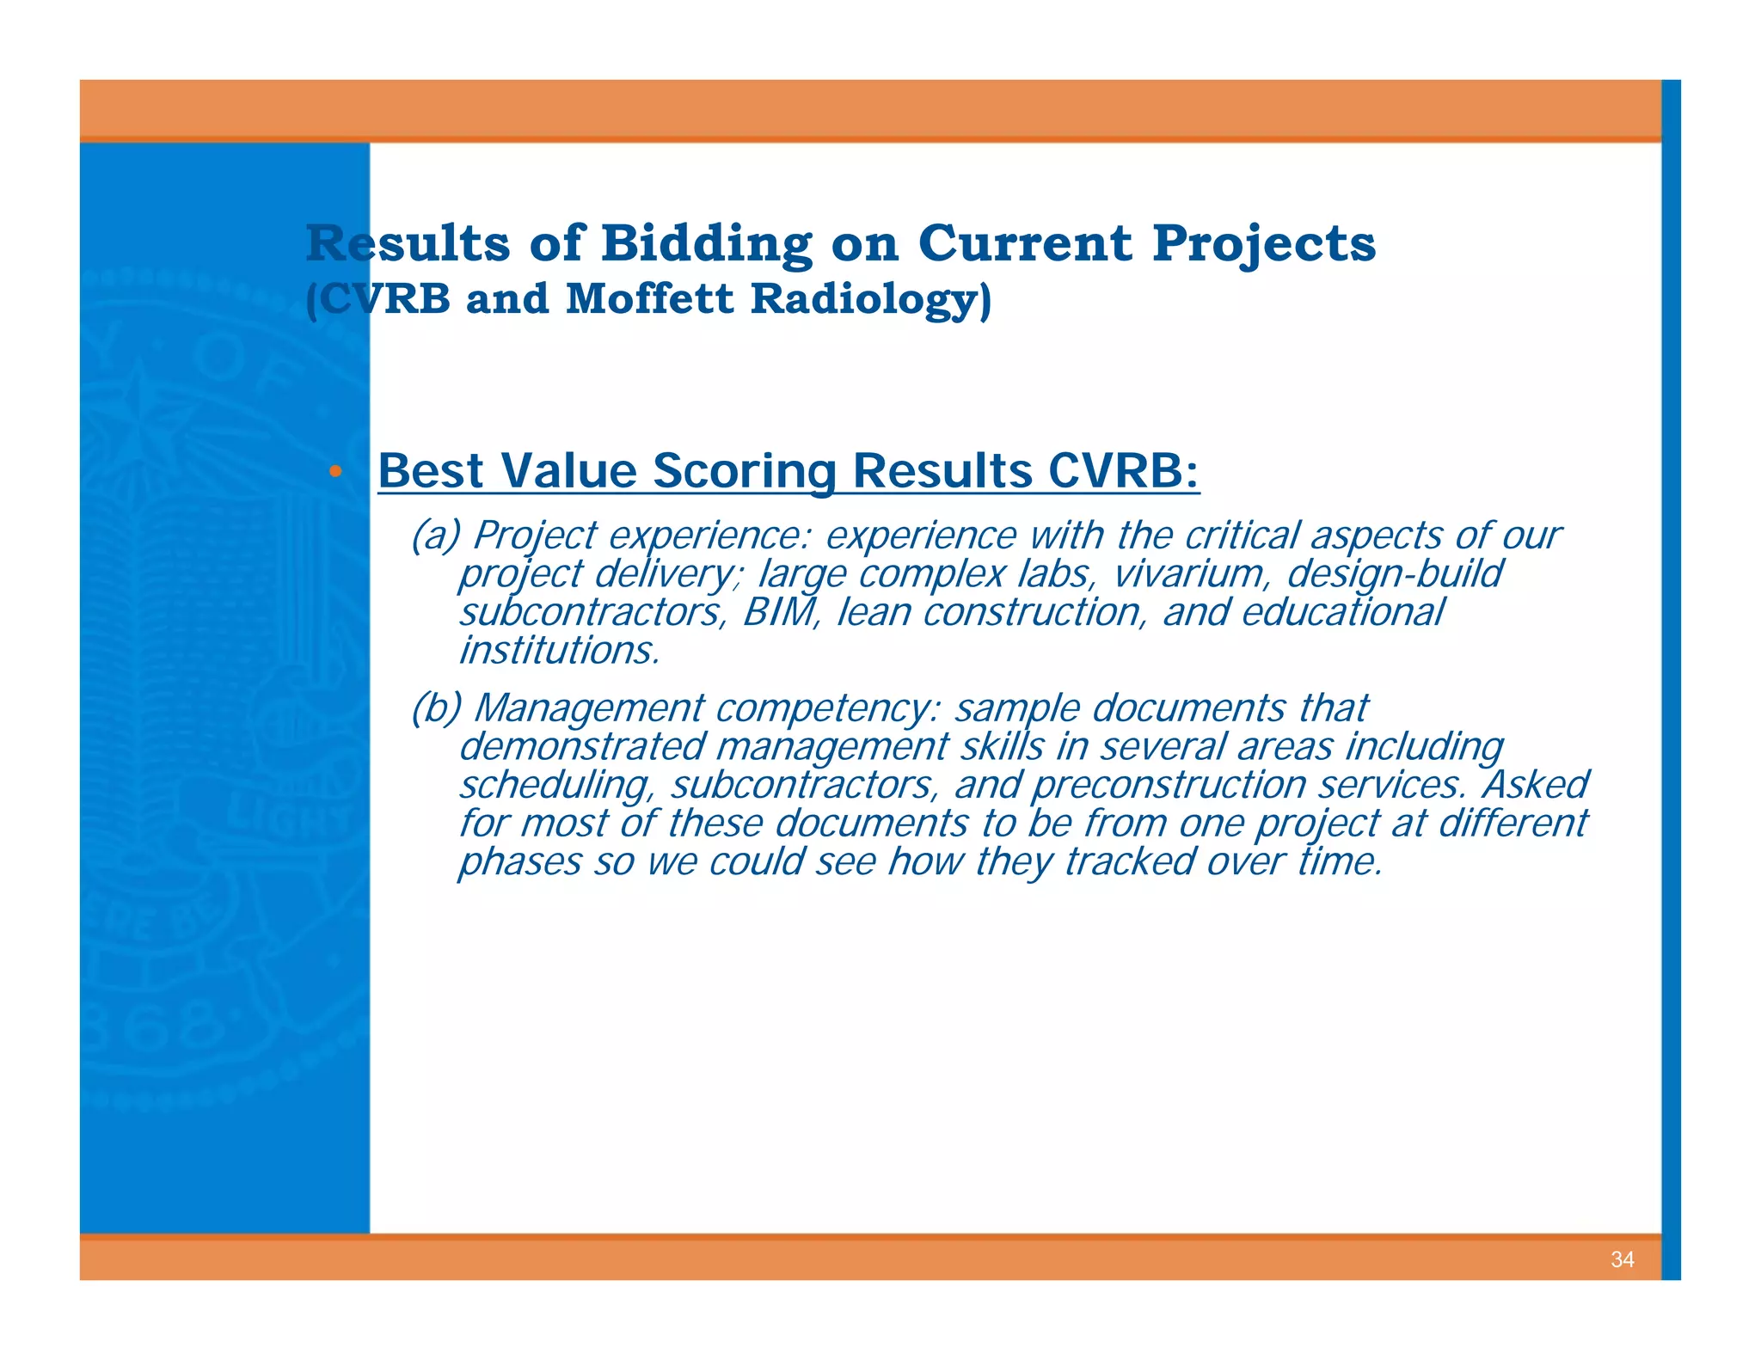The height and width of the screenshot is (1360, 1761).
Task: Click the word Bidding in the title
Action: click(x=706, y=243)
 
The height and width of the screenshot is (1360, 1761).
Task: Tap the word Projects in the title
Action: click(x=1263, y=243)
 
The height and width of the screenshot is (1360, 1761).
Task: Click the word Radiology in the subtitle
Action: click(x=869, y=299)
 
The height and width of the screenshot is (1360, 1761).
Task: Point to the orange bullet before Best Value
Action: click(x=336, y=471)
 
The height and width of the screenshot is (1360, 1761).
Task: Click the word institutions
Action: click(x=559, y=651)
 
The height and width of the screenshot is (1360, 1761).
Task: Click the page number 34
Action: click(x=1622, y=1259)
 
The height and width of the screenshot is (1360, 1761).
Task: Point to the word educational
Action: click(x=1342, y=612)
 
